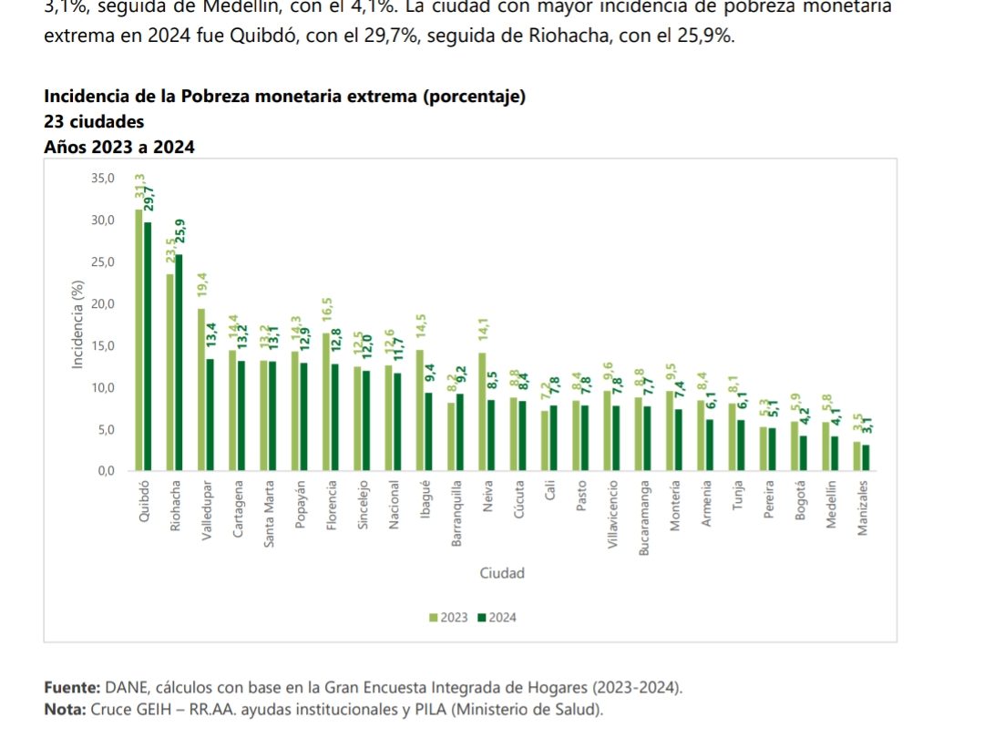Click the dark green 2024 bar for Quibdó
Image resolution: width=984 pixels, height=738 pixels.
148,346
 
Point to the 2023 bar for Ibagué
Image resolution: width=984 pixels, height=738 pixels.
419,410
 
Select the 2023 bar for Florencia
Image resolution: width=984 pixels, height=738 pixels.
326,402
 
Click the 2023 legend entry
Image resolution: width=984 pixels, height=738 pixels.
448,618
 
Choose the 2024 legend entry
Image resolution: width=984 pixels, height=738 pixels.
497,618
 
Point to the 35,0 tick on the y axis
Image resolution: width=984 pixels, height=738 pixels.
103,179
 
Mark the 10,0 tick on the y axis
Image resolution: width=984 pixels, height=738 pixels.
103,388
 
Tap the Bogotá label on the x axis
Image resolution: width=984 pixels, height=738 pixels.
800,500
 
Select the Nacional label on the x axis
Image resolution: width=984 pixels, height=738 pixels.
394,502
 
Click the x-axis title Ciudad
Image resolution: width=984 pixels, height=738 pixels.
502,573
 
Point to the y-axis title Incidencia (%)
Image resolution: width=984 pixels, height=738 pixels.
78,323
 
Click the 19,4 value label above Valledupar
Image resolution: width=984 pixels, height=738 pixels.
202,285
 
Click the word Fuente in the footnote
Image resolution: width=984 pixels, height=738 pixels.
72,687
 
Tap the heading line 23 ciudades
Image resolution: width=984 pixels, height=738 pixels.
94,121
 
